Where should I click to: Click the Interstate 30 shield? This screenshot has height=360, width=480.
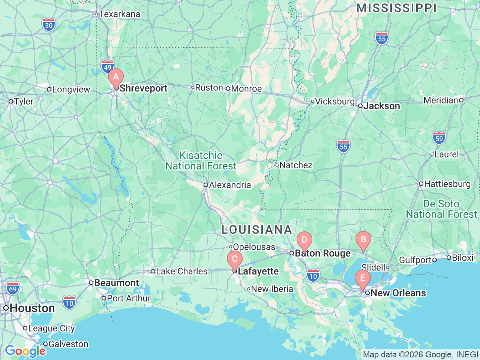(49, 25)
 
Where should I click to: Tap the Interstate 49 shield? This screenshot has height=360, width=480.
(108, 67)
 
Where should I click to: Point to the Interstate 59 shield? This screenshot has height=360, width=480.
(439, 138)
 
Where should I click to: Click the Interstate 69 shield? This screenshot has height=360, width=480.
(13, 288)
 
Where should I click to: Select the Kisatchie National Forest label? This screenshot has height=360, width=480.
(201, 160)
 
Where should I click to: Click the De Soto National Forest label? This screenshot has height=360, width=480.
(441, 209)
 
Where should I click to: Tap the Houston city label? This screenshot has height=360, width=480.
(32, 308)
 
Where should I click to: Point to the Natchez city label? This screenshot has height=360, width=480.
(295, 165)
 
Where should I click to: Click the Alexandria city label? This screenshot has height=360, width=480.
(229, 185)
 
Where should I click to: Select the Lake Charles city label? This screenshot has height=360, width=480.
(181, 271)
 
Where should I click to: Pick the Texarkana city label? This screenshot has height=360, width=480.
(119, 14)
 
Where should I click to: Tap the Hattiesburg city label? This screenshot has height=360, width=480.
(447, 184)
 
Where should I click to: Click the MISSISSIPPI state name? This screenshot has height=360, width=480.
(396, 8)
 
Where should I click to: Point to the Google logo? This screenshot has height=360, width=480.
(25, 351)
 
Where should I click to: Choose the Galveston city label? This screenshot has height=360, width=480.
(68, 344)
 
